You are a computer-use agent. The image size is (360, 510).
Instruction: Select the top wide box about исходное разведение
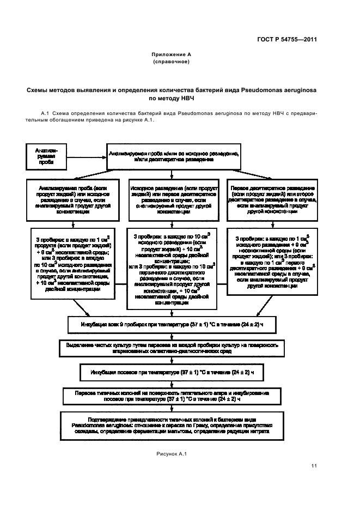pyautogui.click(x=174, y=157)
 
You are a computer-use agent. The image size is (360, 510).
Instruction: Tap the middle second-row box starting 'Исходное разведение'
pyautogui.click(x=172, y=201)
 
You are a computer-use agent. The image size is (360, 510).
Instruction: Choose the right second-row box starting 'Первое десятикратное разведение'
pyautogui.click(x=270, y=201)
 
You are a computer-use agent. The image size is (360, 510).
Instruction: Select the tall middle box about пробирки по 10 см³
pyautogui.click(x=172, y=269)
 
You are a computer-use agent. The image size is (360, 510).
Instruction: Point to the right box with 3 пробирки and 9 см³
pyautogui.click(x=270, y=261)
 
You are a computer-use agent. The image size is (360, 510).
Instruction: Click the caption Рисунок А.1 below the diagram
pyautogui.click(x=172, y=454)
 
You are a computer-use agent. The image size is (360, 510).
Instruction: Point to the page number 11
pyautogui.click(x=314, y=465)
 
